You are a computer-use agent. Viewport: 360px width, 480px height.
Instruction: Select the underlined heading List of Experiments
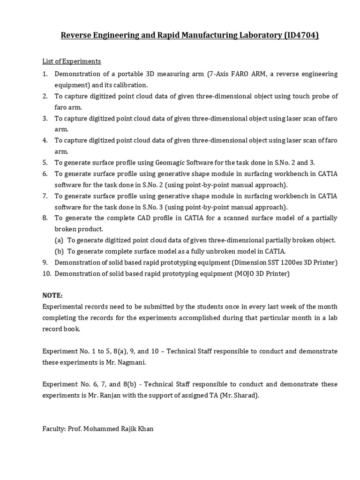71,61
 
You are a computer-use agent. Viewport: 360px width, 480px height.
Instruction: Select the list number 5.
45,163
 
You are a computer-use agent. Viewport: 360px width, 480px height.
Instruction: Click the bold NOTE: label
52,295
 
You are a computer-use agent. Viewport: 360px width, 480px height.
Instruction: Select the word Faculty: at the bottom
55,428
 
